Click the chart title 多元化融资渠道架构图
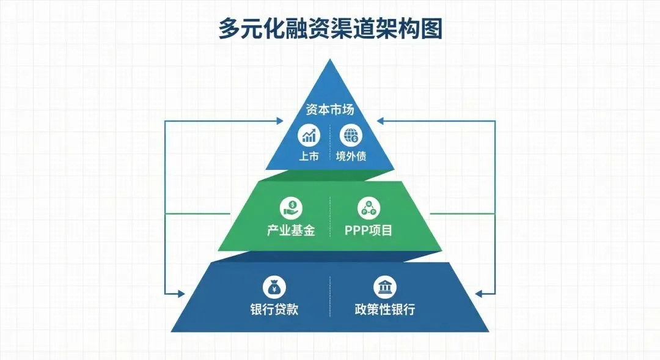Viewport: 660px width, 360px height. tap(330, 29)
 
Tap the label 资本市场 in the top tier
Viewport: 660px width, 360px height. tap(330, 111)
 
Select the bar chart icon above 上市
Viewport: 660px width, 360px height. tap(308, 135)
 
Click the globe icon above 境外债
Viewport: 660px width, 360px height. tap(351, 135)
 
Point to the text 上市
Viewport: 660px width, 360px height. tap(309, 156)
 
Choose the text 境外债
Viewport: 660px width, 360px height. tap(351, 156)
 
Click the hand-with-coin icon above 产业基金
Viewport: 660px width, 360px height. tap(291, 208)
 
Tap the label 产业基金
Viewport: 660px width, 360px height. tap(291, 230)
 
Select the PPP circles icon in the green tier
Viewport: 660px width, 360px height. tap(369, 208)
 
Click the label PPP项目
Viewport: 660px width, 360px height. tap(369, 230)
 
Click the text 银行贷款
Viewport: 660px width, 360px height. tap(274, 309)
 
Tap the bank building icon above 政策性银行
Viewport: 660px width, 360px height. tap(384, 287)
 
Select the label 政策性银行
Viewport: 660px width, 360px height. tap(384, 309)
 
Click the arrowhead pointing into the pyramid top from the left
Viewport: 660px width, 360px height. tap(280, 121)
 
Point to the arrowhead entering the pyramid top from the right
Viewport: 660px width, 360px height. tap(380, 121)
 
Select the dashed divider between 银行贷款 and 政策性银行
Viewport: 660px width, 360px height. tap(330, 296)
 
